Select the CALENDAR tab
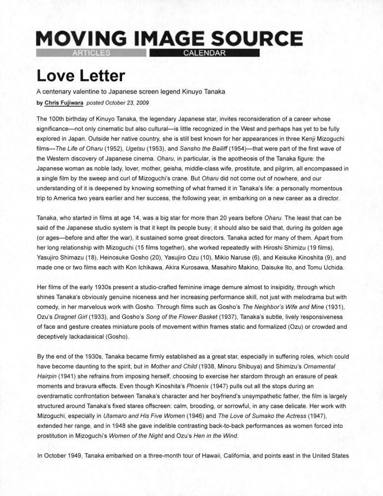pyautogui.click(x=205, y=53)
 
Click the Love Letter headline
pyautogui.click(x=80, y=76)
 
